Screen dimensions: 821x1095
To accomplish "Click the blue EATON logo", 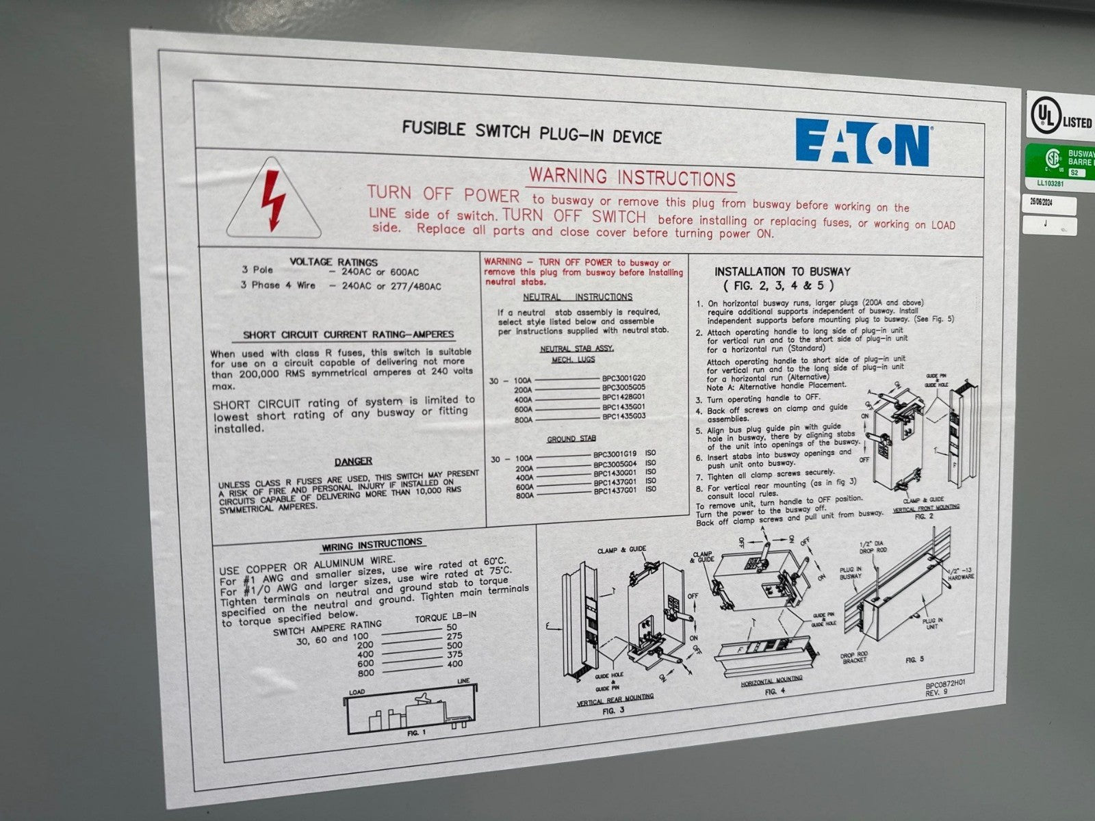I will pos(862,142).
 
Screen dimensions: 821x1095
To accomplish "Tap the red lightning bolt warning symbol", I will pos(274,200).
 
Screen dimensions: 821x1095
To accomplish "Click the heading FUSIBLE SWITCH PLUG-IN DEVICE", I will pos(531,131).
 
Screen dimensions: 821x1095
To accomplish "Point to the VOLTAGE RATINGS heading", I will pos(333,261).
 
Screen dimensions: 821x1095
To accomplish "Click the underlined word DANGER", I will pos(353,461).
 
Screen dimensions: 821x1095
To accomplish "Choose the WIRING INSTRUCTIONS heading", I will pos(372,543).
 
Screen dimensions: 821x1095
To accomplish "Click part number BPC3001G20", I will pos(623,378).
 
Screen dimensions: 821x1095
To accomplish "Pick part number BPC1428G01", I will pos(623,397).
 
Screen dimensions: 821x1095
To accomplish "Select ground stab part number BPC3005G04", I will pos(615,463).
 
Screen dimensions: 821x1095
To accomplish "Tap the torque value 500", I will pos(454,644).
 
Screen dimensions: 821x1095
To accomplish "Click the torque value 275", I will pos(454,636).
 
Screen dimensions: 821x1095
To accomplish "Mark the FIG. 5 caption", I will pos(914,660).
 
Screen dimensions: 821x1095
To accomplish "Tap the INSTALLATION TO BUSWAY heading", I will pos(782,272).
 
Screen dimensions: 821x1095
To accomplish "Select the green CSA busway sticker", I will pos(1059,162).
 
